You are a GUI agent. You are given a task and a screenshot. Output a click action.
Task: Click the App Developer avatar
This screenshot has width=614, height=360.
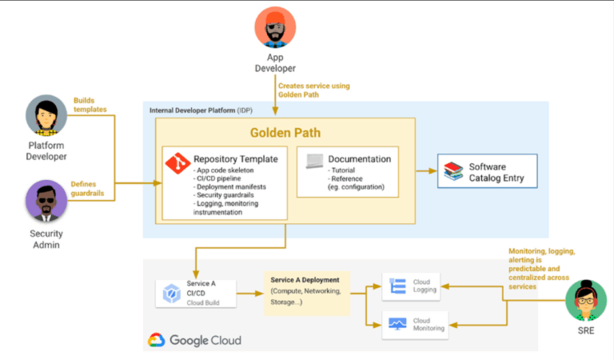tap(275, 26)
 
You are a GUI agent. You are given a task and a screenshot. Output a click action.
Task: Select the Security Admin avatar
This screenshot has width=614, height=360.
tap(46, 201)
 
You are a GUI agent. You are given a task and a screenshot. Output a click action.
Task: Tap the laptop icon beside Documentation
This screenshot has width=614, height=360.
tap(314, 160)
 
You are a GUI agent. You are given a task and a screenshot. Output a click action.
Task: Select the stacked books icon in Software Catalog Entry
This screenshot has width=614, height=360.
tap(453, 171)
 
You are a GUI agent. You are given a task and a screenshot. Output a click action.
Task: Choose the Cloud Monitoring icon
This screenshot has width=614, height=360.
tap(397, 323)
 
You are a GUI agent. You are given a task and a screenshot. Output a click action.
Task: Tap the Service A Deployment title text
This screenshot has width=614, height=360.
tap(305, 280)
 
